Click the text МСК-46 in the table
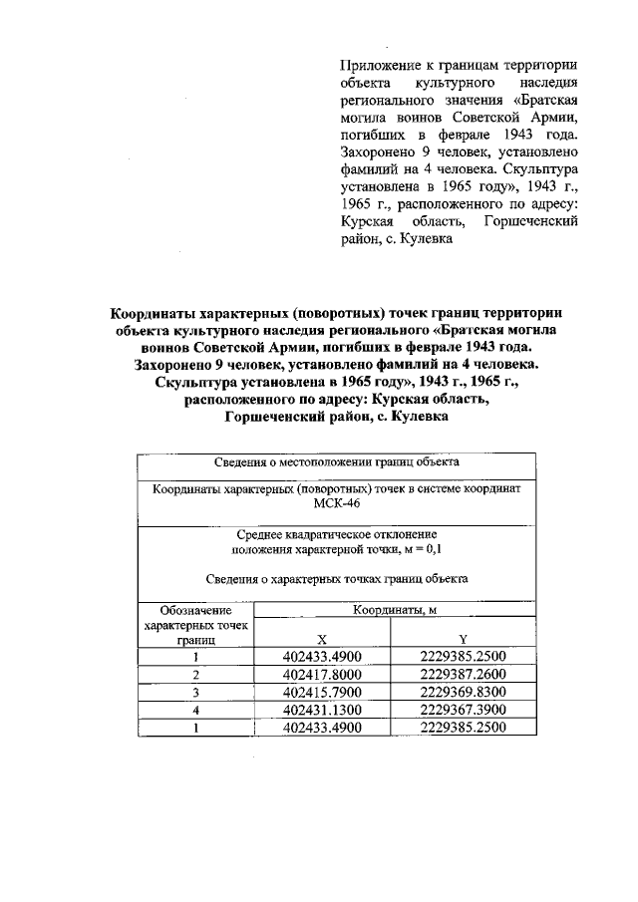tap(336, 505)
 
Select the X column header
tap(320, 640)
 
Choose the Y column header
tap(464, 640)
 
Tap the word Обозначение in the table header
tap(195, 610)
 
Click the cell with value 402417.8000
tap(321, 675)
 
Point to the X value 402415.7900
tap(321, 693)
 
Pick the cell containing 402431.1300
tap(321, 711)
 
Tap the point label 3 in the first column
tap(196, 693)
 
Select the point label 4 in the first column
tap(196, 711)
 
